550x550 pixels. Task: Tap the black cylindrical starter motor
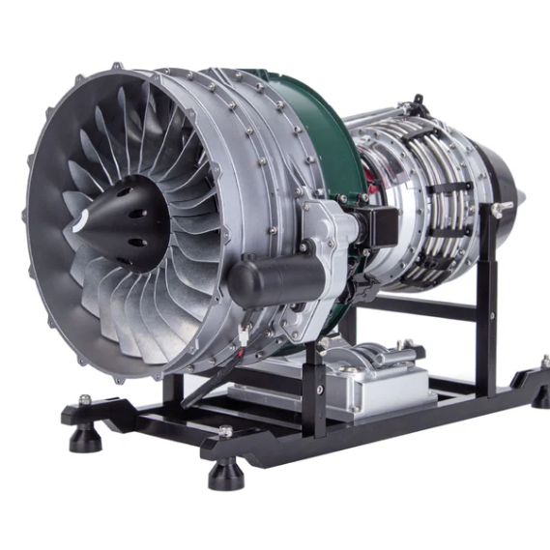275,279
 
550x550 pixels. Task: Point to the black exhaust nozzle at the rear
503,188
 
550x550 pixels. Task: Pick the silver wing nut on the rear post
502,208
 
